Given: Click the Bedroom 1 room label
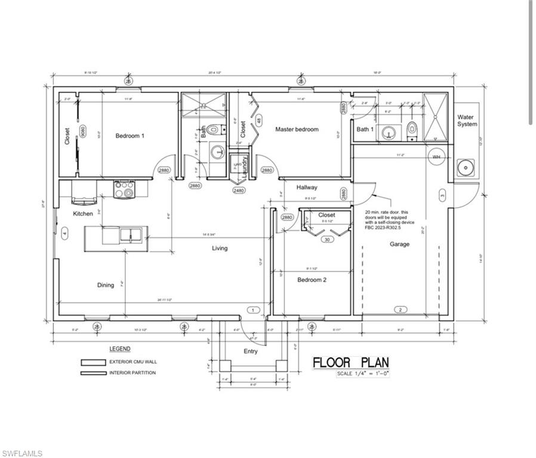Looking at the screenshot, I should [x=130, y=136].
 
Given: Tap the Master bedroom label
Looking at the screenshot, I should [x=297, y=129].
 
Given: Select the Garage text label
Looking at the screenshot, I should [x=399, y=244].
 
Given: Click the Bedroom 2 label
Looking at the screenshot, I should [x=312, y=279].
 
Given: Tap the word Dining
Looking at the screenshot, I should [x=106, y=285].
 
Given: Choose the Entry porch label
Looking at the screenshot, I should [x=251, y=351].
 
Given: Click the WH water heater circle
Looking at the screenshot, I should [x=436, y=157].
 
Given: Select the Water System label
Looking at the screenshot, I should [x=467, y=120].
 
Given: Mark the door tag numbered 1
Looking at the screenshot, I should [x=252, y=310].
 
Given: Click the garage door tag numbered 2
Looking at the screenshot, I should [x=399, y=309].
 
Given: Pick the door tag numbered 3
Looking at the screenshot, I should [x=442, y=194].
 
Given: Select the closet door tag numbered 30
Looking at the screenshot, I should [x=326, y=240].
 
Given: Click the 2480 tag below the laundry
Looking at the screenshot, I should [x=239, y=191].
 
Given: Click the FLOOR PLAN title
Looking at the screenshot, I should [x=351, y=363].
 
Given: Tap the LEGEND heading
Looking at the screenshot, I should [x=119, y=349].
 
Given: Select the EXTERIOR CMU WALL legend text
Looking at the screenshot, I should [x=133, y=362].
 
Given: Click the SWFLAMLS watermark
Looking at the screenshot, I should [x=22, y=453].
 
